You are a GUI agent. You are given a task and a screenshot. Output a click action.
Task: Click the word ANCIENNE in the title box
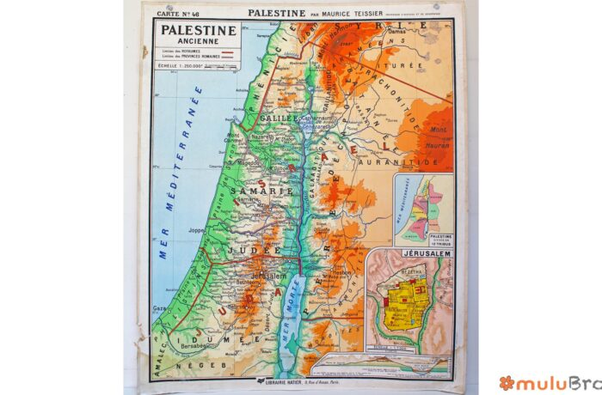click(196, 41)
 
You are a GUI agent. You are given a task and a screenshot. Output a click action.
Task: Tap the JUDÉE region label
click(258, 250)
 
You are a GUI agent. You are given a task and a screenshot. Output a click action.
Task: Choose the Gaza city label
click(160, 307)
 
